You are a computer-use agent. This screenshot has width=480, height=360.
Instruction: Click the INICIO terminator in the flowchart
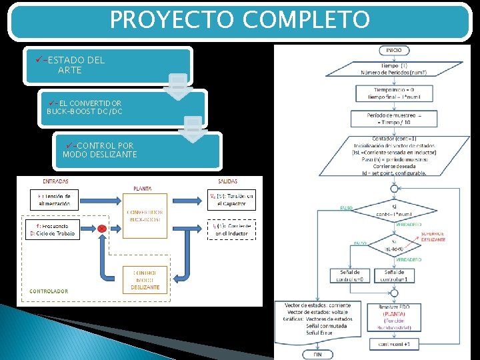pyautogui.click(x=393, y=51)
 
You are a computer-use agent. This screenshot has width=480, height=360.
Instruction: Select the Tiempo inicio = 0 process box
pyautogui.click(x=394, y=93)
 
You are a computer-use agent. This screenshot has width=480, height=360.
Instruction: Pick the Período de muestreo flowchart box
pyautogui.click(x=394, y=119)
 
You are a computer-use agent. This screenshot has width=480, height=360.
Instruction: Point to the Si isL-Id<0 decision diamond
pyautogui.click(x=393, y=246)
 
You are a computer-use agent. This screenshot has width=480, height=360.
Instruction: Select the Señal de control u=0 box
pyautogui.click(x=351, y=275)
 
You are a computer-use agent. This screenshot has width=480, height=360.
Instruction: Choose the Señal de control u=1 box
pyautogui.click(x=393, y=275)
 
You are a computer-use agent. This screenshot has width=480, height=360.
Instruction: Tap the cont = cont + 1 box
pyautogui.click(x=393, y=344)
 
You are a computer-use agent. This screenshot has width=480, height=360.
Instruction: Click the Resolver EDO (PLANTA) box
pyautogui.click(x=393, y=318)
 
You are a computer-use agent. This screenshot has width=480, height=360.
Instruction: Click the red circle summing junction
pyautogui.click(x=101, y=229)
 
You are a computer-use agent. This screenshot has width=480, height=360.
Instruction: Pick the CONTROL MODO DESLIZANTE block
pyautogui.click(x=145, y=280)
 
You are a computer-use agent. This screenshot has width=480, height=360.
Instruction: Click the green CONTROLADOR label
pyautogui.click(x=49, y=291)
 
